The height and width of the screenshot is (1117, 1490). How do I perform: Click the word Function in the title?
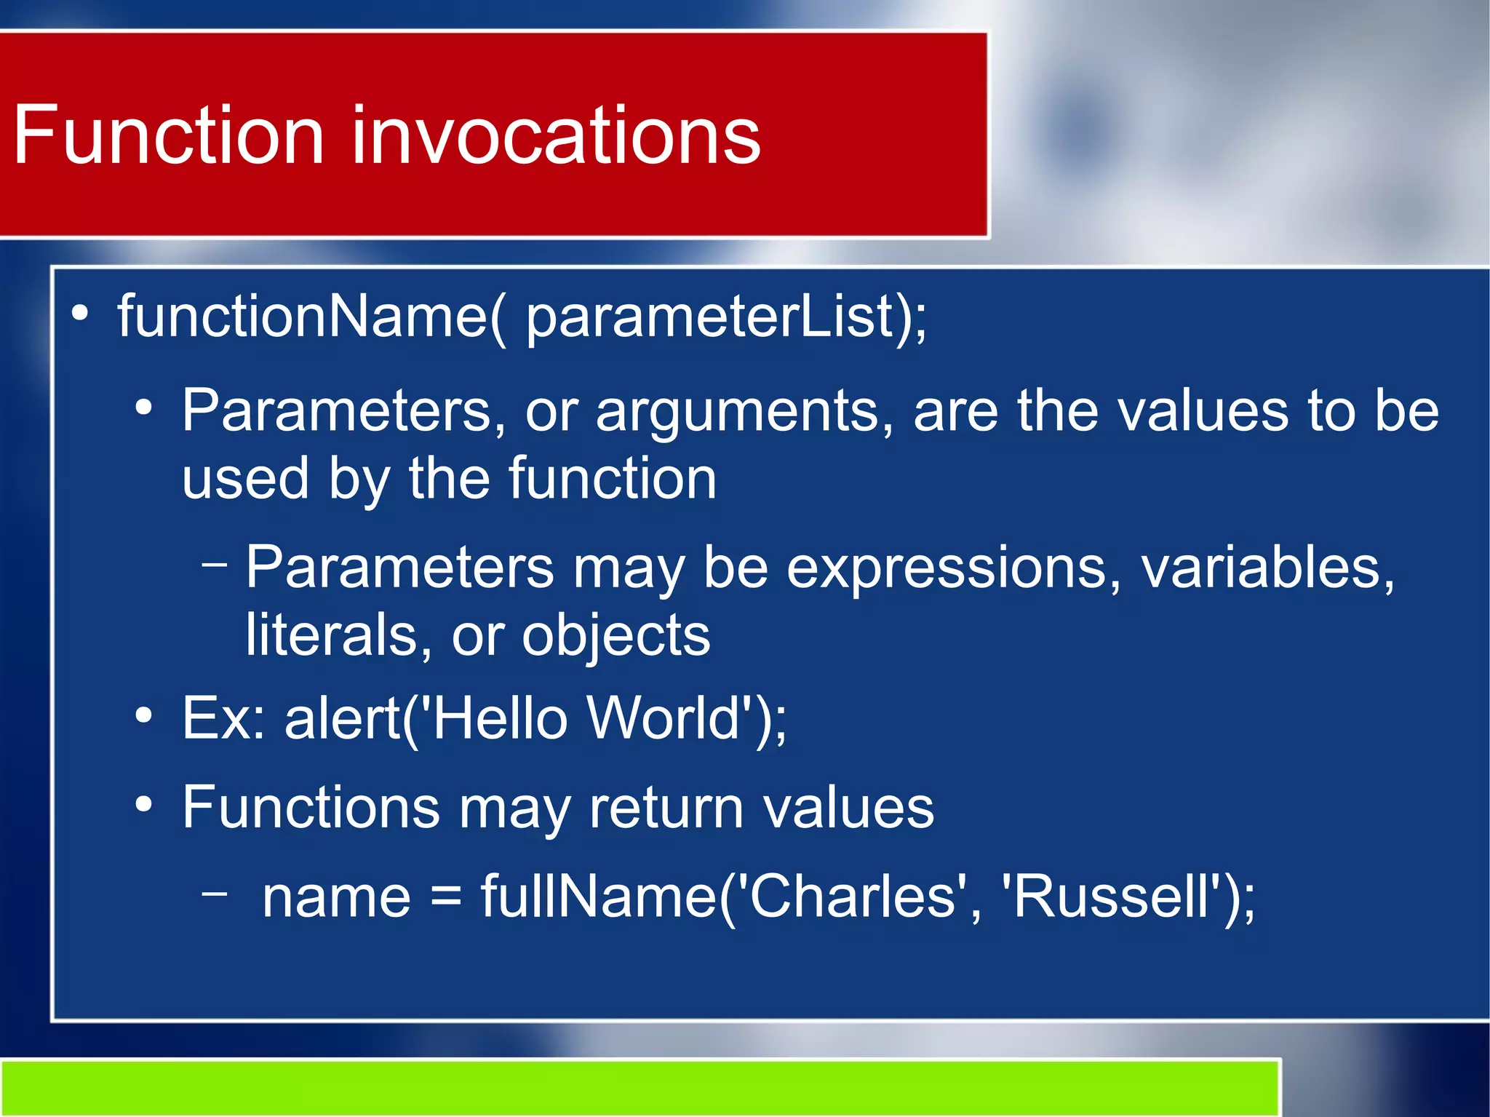pyautogui.click(x=169, y=135)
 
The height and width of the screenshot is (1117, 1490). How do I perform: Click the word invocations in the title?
pyautogui.click(x=556, y=135)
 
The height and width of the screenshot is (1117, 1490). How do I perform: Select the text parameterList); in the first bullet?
pyautogui.click(x=725, y=318)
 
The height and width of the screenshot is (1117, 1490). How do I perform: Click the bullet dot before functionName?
pyautogui.click(x=80, y=314)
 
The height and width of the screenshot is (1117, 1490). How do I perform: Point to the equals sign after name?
pyautogui.click(x=445, y=897)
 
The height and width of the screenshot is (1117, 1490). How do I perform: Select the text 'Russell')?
pyautogui.click(x=1127, y=896)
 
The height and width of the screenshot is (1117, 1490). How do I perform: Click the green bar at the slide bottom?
pyautogui.click(x=640, y=1088)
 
